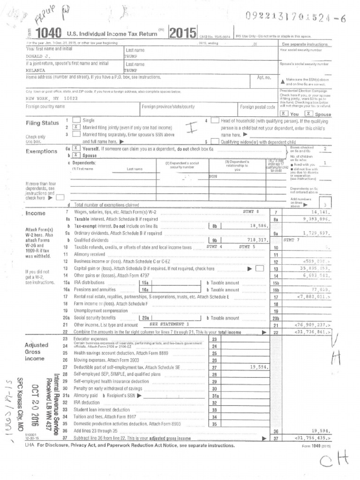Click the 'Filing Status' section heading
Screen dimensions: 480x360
42,123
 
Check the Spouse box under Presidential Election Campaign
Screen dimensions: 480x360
308,113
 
